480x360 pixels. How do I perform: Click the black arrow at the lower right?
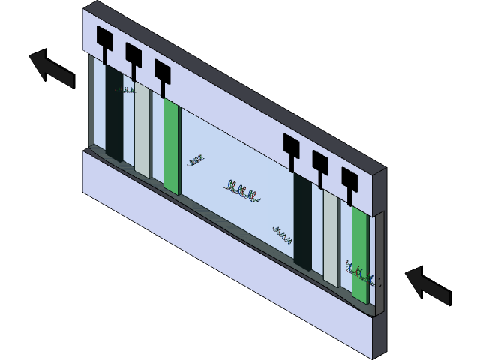click(x=428, y=286)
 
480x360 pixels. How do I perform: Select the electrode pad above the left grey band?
click(x=134, y=53)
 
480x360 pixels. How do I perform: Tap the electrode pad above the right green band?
click(x=349, y=178)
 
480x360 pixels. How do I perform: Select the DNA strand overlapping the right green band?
click(x=358, y=271)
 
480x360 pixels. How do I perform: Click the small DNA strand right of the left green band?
click(x=196, y=160)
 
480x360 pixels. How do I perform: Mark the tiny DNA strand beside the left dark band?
click(x=125, y=91)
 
